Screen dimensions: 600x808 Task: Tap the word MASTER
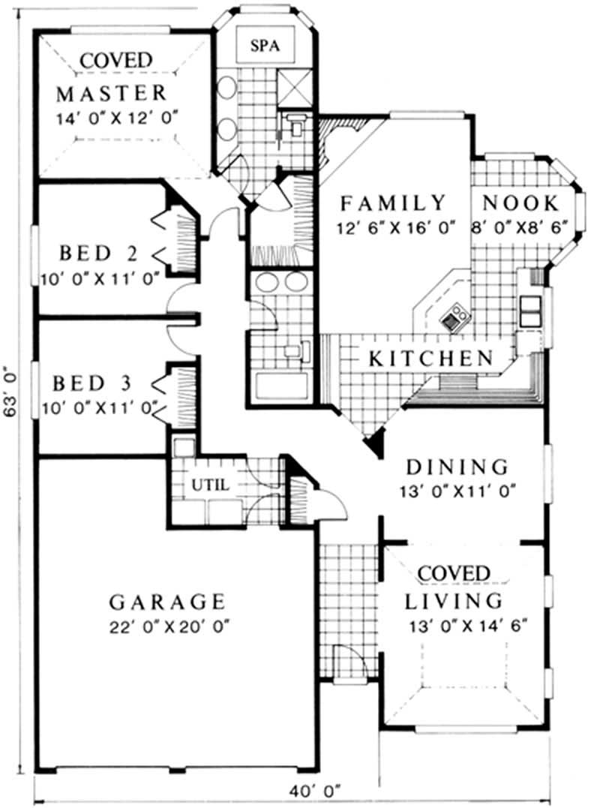pos(111,93)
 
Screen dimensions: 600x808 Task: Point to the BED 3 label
pos(92,383)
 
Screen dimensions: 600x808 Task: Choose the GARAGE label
pos(168,602)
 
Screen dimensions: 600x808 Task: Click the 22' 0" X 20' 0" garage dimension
pos(169,627)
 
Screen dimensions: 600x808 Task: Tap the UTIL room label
pos(211,485)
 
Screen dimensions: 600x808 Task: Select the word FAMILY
pos(392,203)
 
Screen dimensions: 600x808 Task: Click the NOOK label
pos(520,203)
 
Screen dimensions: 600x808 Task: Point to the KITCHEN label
pos(430,358)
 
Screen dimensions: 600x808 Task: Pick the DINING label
pos(457,467)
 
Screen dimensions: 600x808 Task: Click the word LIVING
pos(453,601)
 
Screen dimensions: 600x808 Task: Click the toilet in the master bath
pos(297,125)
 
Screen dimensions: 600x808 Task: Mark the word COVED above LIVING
pos(453,573)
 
